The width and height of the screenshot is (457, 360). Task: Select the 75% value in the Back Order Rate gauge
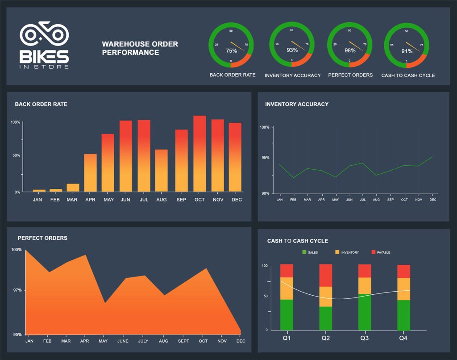click(231, 51)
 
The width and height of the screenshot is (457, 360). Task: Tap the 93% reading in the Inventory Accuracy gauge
click(292, 50)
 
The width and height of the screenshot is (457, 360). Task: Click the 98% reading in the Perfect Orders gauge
click(350, 50)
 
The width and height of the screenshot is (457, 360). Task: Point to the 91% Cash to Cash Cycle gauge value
click(407, 51)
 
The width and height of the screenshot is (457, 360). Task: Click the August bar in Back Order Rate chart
click(162, 170)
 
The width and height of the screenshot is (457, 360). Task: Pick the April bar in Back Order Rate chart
click(91, 172)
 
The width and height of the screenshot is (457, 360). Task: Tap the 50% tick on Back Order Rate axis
click(16, 155)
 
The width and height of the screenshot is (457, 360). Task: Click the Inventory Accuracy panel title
click(297, 104)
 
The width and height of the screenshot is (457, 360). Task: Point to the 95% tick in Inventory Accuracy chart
click(265, 158)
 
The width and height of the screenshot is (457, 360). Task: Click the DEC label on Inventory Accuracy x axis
click(432, 200)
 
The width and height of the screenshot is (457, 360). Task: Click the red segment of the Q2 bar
click(326, 275)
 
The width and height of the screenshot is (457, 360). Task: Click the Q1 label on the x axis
click(287, 338)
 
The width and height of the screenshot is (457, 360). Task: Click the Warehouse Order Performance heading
click(140, 48)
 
